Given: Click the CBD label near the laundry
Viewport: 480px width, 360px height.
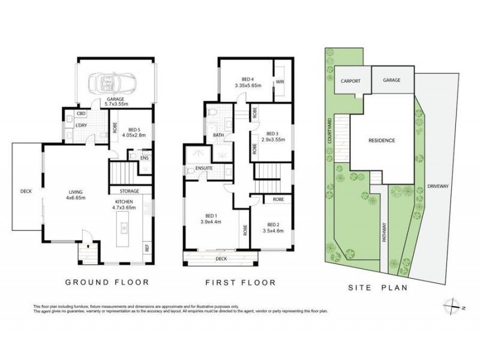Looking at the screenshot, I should click(80, 113).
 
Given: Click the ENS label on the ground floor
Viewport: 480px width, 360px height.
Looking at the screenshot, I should click(144, 158).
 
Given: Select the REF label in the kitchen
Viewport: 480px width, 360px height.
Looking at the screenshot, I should click(146, 246).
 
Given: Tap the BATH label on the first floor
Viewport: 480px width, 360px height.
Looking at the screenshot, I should click(218, 136).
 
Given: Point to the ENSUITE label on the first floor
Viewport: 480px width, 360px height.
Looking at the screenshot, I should click(205, 169).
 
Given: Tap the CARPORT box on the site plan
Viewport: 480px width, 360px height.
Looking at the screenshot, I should click(350, 80).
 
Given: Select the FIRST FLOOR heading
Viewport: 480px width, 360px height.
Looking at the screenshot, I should click(239, 282).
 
